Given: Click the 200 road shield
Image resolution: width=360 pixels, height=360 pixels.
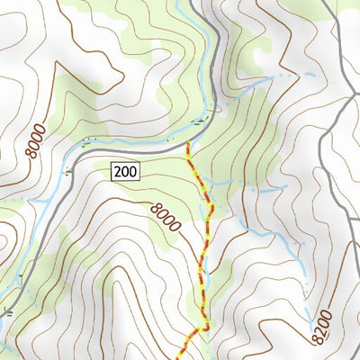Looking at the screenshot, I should [126, 170].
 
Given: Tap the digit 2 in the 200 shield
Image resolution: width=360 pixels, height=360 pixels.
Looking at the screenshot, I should [119, 170].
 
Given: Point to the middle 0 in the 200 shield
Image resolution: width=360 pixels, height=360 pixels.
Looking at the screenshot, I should [126, 170].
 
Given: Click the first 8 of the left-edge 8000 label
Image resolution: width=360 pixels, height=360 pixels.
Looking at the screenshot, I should [32, 155].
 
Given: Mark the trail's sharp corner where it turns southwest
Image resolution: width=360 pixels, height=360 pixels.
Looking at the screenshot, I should [206, 328].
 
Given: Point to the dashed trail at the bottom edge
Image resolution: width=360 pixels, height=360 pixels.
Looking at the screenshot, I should [184, 356].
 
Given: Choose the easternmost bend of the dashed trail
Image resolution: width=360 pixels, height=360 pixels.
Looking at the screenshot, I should [212, 206].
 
